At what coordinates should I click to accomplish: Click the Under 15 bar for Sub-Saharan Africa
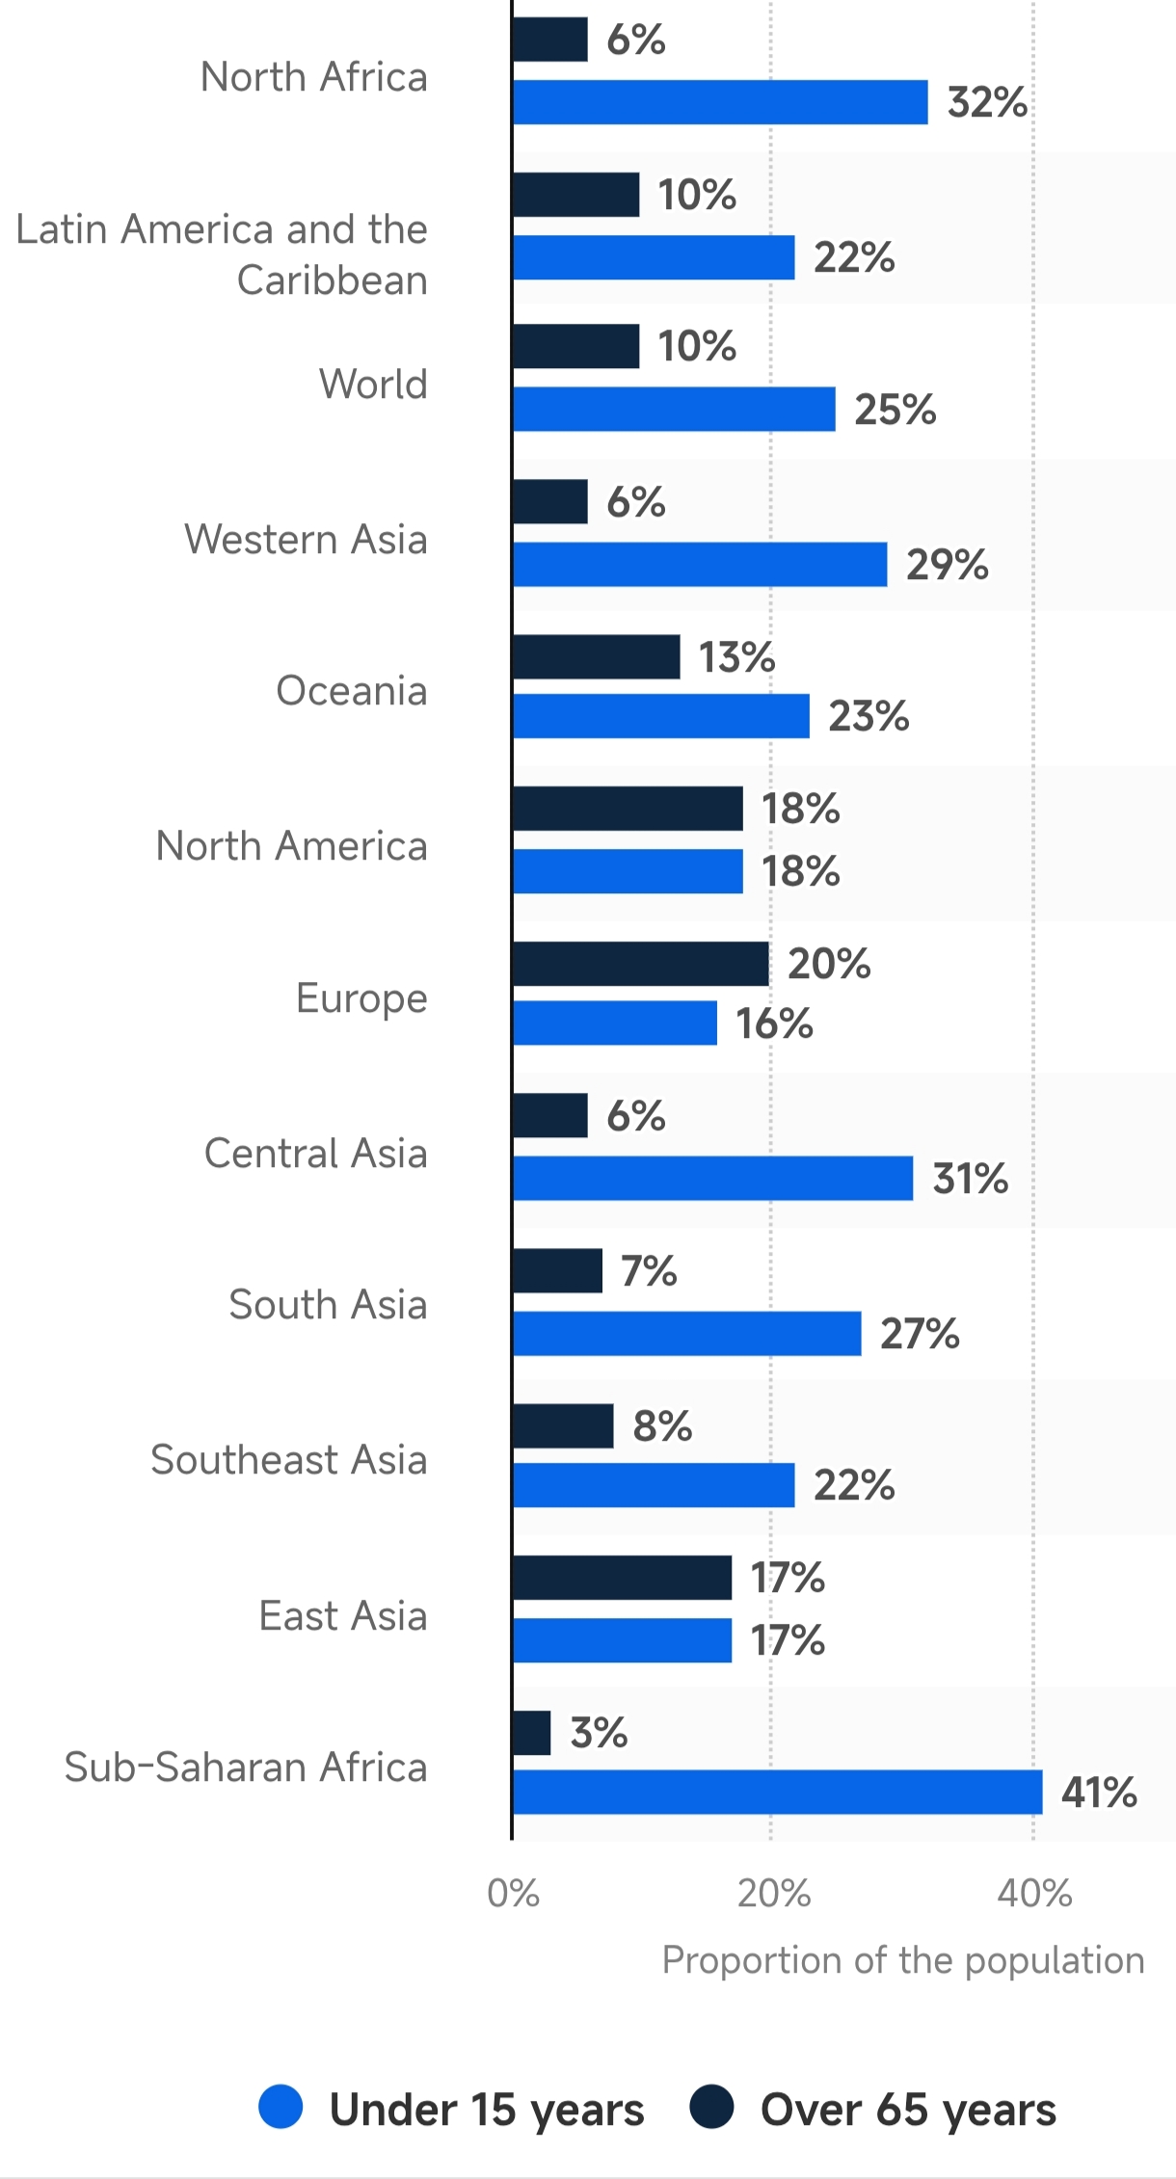(777, 1792)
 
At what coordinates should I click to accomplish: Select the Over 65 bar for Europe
(640, 964)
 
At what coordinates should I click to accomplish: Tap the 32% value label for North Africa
(987, 102)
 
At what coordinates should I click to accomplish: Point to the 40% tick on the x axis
(1034, 1894)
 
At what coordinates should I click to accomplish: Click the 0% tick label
(513, 1894)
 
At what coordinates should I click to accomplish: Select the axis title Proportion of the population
(902, 1960)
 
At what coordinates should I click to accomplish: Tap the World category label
(373, 384)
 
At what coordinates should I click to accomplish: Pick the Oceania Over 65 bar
(596, 656)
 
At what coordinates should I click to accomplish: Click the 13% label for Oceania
(736, 657)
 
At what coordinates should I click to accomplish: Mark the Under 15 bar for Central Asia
(712, 1178)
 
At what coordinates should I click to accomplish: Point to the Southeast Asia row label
(288, 1459)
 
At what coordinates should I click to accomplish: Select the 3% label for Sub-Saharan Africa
(599, 1733)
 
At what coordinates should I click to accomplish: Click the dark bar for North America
(628, 808)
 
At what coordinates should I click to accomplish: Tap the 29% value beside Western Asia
(947, 565)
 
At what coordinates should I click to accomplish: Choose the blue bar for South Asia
(686, 1333)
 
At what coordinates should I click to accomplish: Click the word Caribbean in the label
(332, 280)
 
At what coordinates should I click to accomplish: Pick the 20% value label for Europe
(829, 964)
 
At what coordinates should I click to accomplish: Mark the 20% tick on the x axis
(773, 1894)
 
